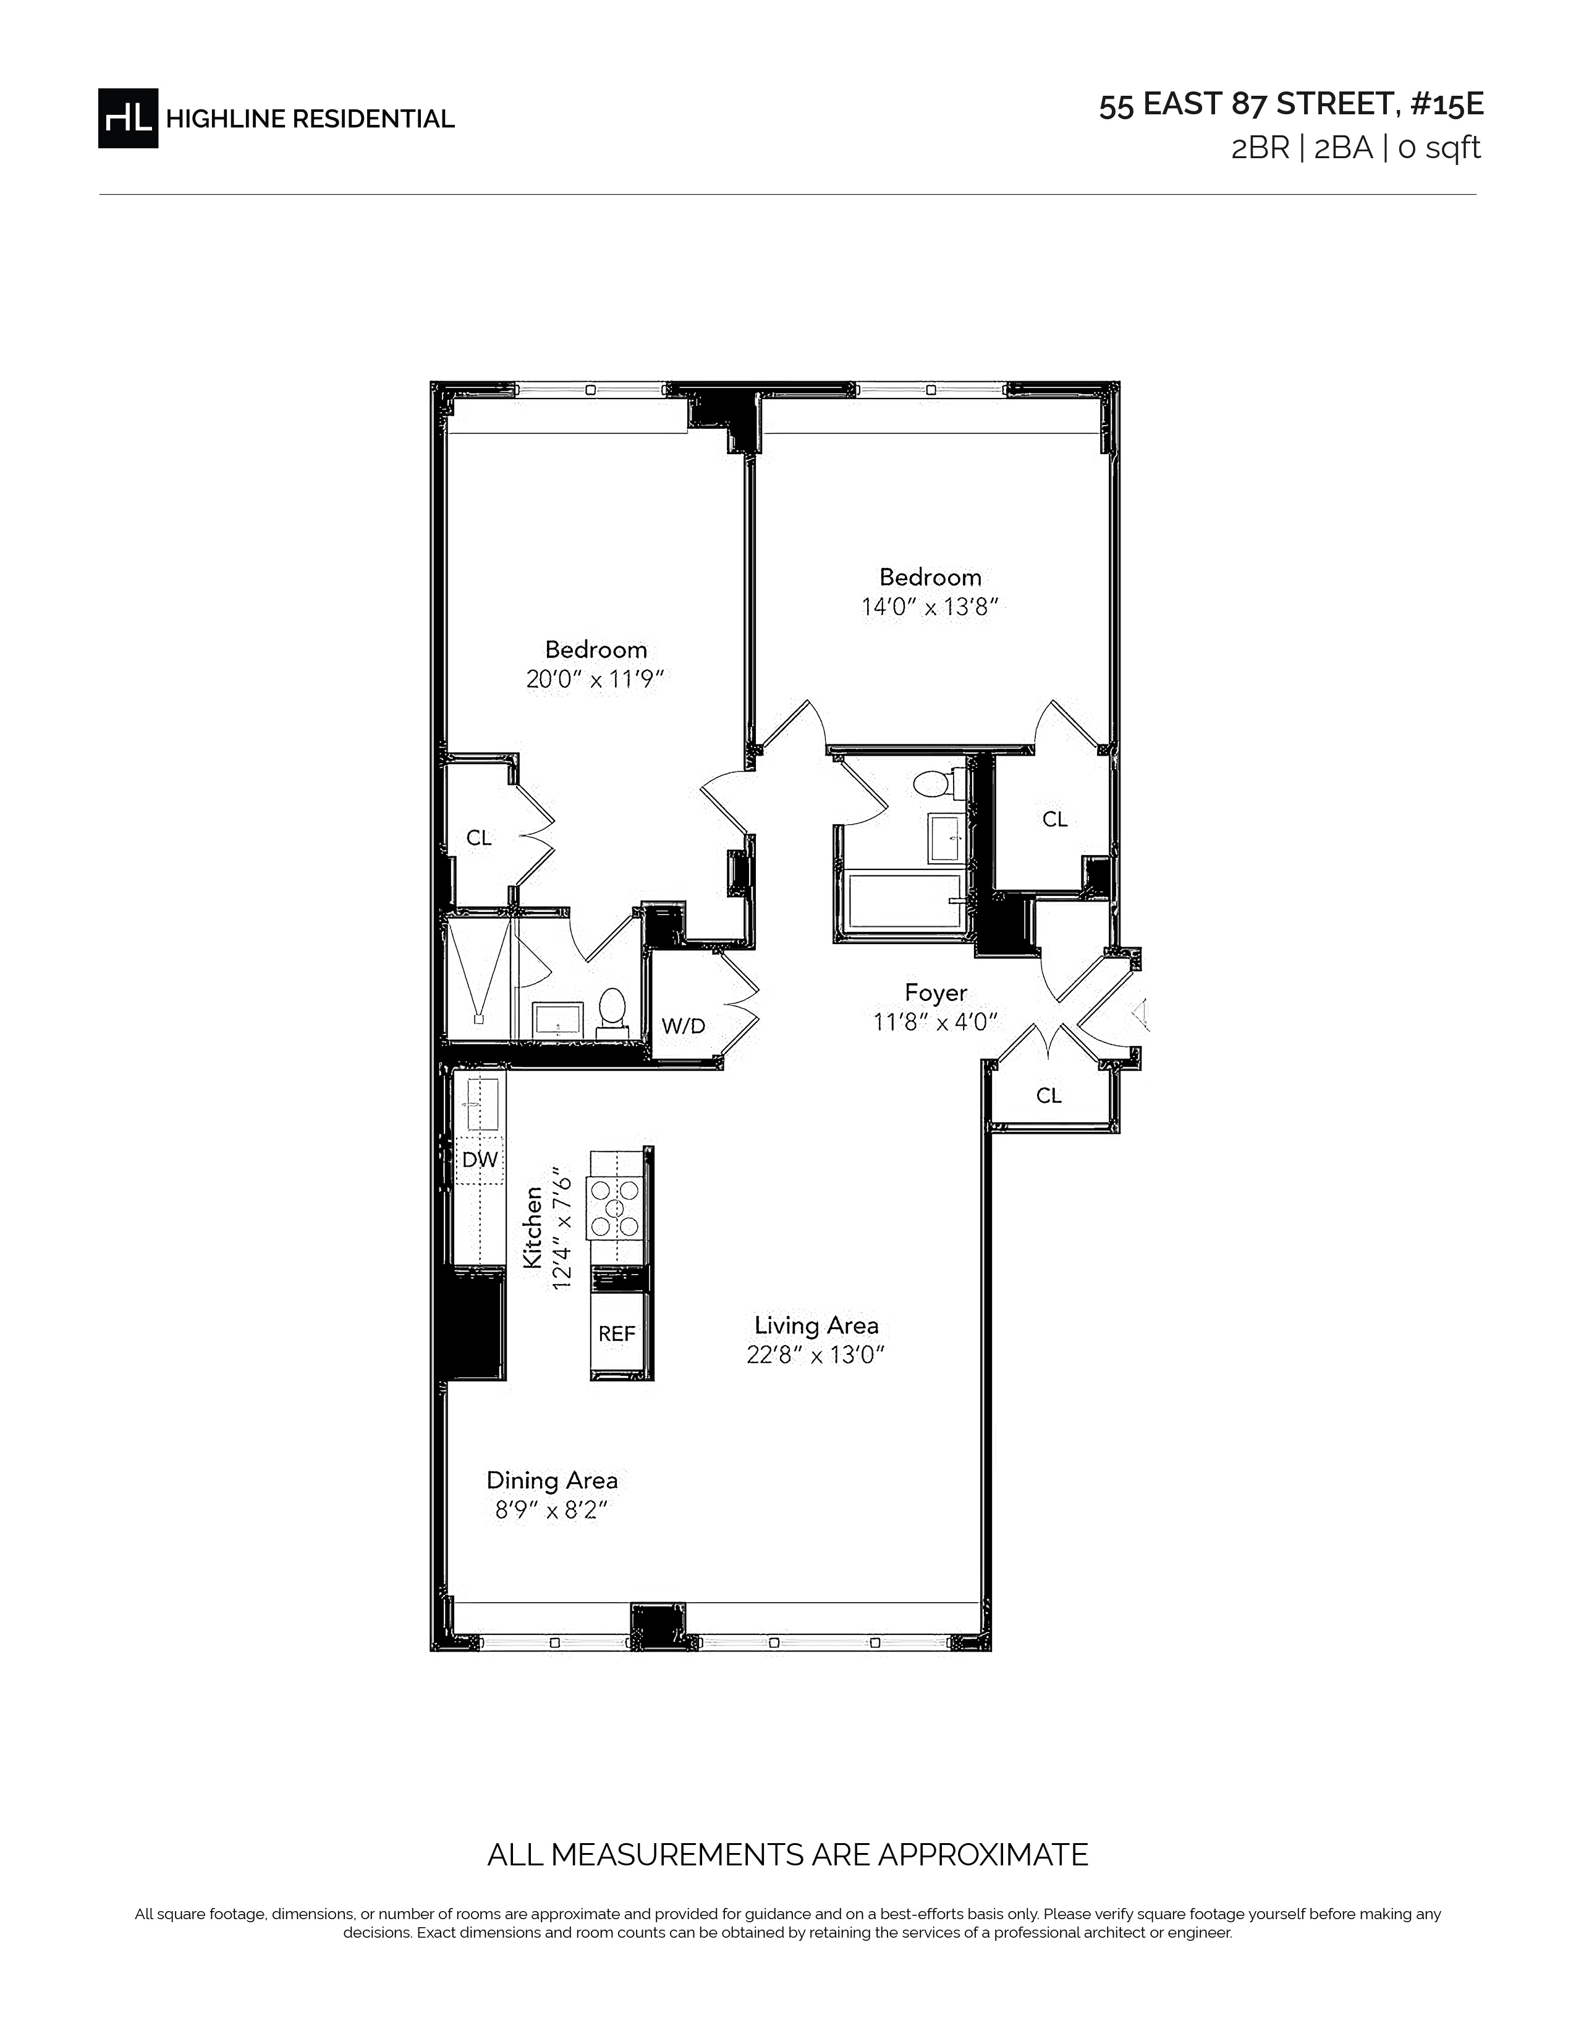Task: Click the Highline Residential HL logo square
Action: [128, 117]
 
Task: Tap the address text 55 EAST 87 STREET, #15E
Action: [1290, 104]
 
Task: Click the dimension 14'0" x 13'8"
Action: [930, 607]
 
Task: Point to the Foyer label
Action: [936, 992]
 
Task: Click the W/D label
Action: [684, 1026]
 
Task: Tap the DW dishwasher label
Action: [480, 1160]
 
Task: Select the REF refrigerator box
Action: [618, 1334]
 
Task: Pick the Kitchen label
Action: [532, 1226]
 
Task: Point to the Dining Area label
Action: [552, 1480]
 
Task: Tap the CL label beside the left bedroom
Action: [479, 838]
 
